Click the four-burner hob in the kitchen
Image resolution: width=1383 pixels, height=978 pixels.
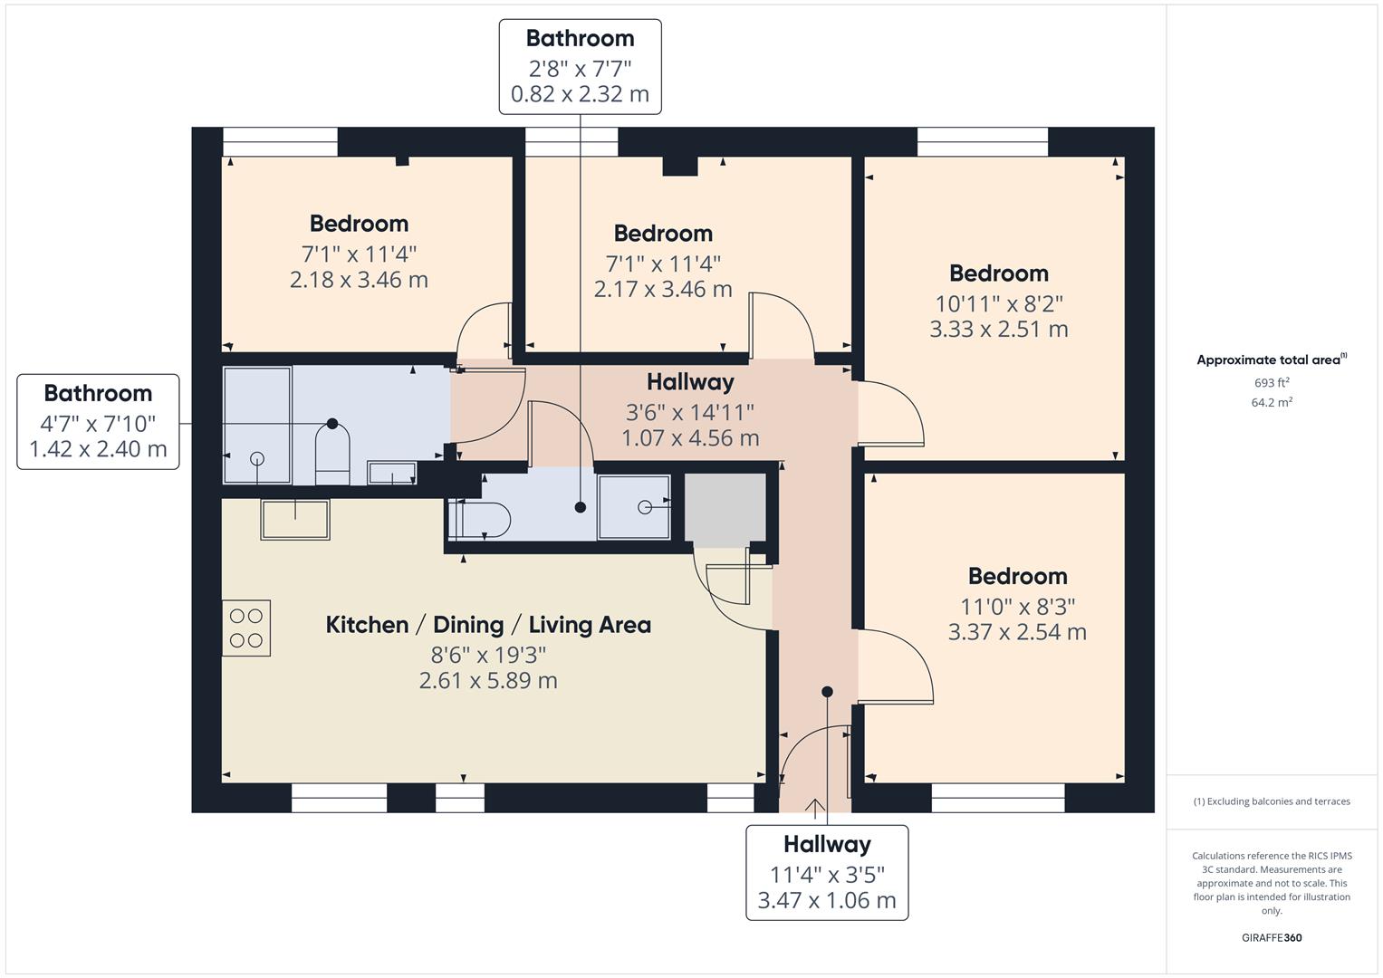pos(246,628)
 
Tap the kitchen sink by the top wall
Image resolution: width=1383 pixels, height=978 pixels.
pos(295,519)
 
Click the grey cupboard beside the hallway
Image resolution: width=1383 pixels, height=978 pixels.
pos(725,510)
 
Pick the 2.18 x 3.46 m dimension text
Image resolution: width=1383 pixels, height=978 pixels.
pos(359,280)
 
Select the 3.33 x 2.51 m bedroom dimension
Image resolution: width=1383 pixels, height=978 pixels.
pos(999,329)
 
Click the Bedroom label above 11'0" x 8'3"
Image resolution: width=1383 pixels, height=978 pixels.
pos(1017,576)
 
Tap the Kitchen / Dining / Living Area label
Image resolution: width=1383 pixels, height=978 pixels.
pos(488,625)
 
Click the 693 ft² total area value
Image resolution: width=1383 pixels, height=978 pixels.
pos(1272,383)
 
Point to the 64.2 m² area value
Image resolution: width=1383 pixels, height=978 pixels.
pos(1272,403)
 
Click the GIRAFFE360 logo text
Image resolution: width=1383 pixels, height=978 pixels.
pos(1272,938)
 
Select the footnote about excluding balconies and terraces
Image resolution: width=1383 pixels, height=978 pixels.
pos(1272,801)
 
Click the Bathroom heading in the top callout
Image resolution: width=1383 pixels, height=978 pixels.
pos(580,38)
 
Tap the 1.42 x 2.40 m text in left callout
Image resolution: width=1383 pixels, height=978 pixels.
pos(98,449)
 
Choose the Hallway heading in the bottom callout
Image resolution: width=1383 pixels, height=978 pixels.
pos(827,844)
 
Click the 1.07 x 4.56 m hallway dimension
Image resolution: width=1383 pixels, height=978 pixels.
pos(690,438)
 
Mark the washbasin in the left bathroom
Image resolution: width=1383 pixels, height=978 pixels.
pos(391,473)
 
